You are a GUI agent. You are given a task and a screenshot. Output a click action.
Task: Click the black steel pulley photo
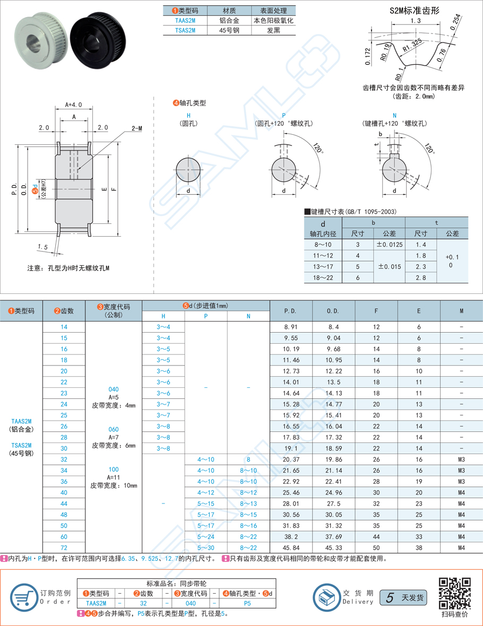pos(98,39)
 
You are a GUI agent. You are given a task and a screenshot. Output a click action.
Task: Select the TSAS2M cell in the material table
pos(185,30)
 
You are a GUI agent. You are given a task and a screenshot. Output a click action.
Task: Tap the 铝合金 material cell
pos(229,20)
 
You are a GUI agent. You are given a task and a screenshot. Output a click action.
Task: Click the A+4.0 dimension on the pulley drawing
pos(73,105)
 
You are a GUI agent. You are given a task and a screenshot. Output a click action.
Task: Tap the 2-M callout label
pos(136,128)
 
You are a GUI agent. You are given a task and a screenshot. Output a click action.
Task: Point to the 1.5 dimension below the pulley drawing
pos(43,246)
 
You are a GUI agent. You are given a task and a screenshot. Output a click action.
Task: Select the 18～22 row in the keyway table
pos(323,277)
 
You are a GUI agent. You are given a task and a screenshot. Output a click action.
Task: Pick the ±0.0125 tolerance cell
pos(389,244)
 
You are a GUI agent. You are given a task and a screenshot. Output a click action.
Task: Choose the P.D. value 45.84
pos(290,547)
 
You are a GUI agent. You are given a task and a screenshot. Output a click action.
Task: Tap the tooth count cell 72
pos(64,547)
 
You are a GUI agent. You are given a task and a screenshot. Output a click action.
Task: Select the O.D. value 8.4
pos(333,327)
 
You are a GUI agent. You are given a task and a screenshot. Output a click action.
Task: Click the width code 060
pos(113,429)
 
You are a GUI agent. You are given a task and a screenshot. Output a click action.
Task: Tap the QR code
pos(454,593)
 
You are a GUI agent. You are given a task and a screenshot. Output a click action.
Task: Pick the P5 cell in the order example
pos(247,603)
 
